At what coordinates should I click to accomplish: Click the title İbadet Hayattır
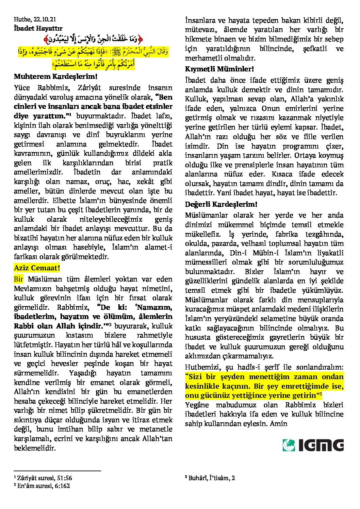38,29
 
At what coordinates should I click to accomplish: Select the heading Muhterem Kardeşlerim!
56,77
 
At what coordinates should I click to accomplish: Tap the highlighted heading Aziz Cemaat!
37,268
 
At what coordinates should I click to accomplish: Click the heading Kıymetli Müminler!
219,69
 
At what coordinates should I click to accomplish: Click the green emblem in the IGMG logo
289,445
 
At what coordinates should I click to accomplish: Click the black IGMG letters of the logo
321,445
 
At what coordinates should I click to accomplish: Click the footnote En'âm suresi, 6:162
43,486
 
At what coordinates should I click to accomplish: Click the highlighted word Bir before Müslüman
18,279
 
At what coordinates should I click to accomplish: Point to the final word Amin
279,424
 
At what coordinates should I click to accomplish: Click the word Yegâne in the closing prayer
197,405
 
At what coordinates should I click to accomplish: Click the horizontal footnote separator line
58,471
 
